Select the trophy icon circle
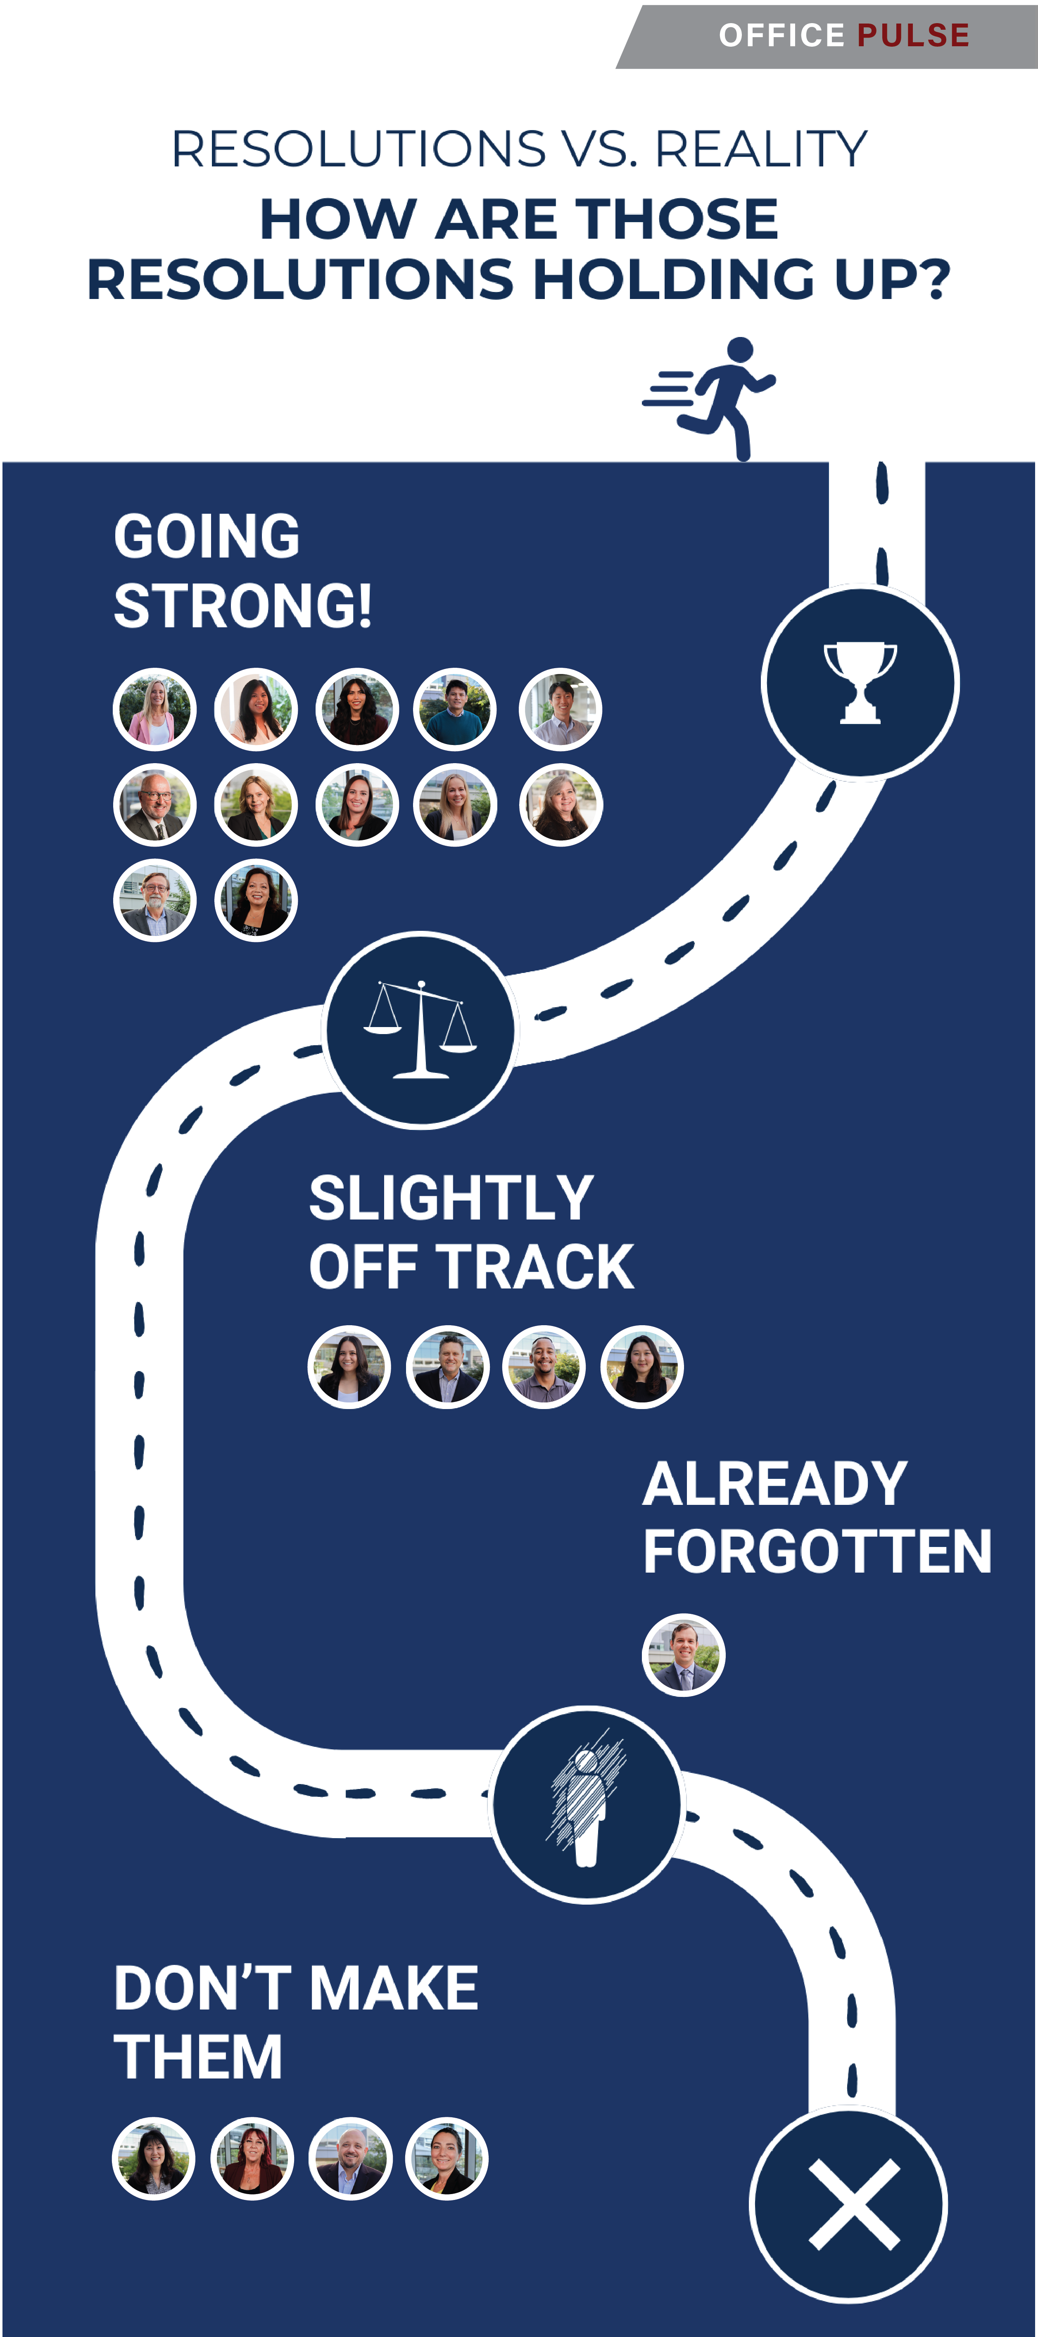(x=860, y=682)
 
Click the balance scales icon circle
(x=420, y=1030)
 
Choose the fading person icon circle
(x=587, y=1803)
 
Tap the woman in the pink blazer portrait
(x=154, y=709)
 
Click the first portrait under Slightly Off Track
(x=349, y=1367)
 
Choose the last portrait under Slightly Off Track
(x=641, y=1367)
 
